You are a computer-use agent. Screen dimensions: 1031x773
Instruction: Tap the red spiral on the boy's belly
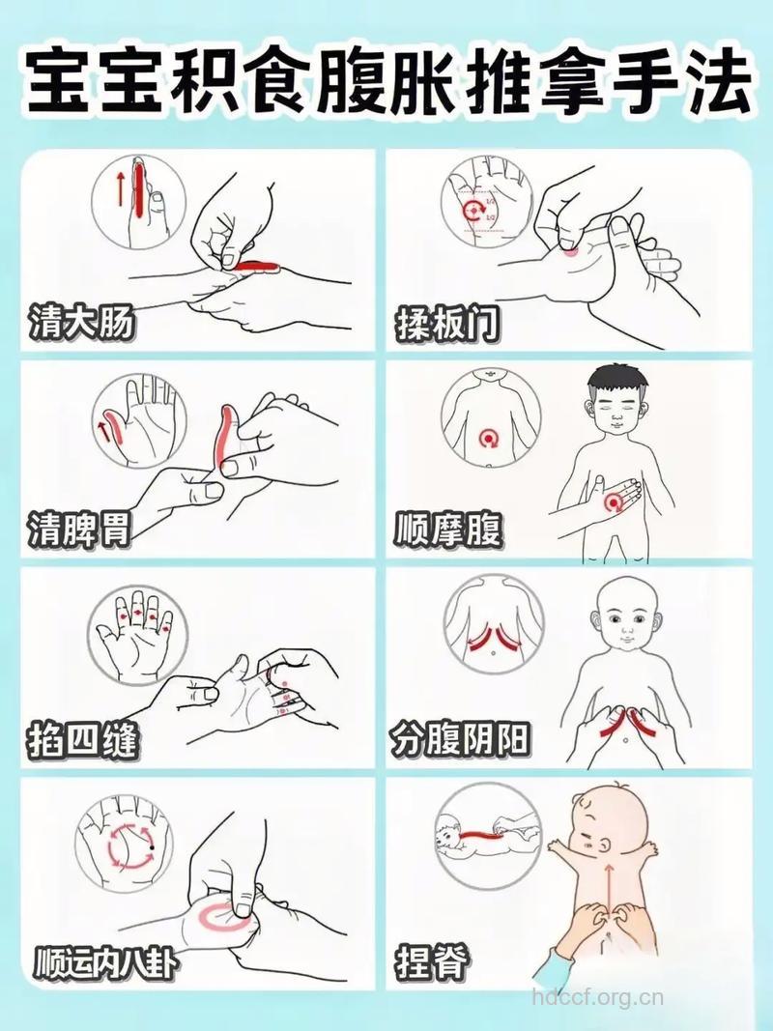coord(615,502)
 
